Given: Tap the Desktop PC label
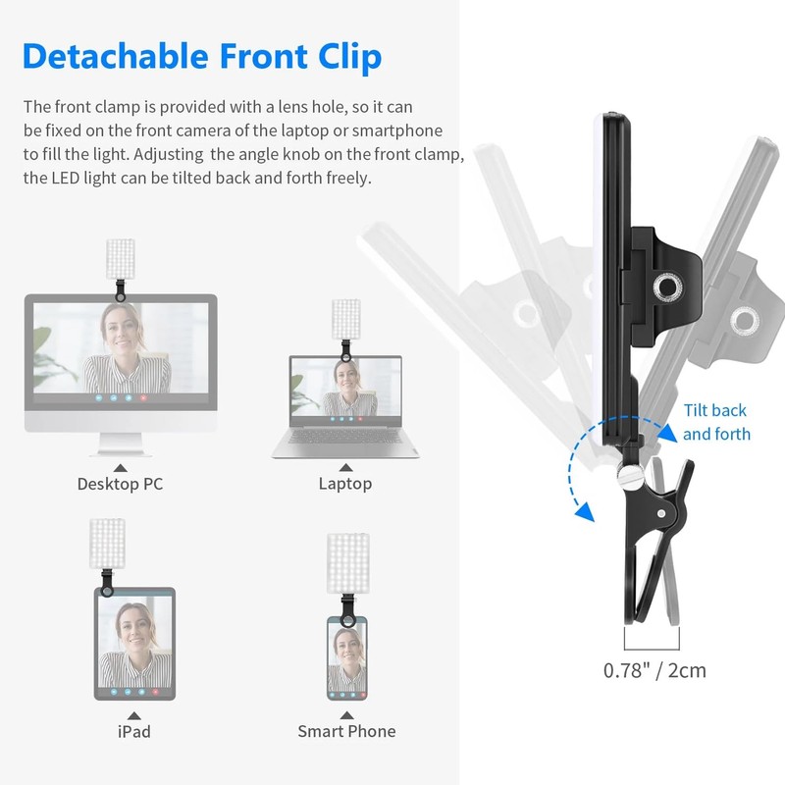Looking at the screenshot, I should tap(120, 484).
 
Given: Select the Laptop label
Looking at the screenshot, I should tap(344, 484).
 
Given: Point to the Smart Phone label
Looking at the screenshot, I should tap(346, 731).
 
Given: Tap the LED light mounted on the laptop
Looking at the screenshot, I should tap(345, 317).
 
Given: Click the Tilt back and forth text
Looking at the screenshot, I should tap(716, 422).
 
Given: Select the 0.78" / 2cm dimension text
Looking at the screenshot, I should tap(654, 671).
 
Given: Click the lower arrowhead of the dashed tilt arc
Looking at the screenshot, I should tap(586, 513).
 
